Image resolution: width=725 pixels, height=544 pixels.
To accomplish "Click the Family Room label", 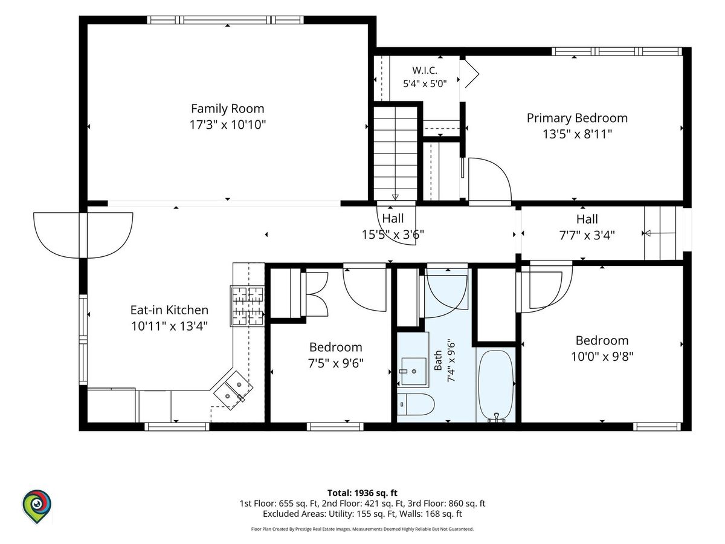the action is click(228, 109).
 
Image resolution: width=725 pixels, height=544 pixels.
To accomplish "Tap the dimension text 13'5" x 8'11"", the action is click(577, 134).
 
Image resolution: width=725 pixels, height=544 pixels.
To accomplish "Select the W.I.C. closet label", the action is click(425, 70).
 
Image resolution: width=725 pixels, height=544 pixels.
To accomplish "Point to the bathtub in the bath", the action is click(496, 386).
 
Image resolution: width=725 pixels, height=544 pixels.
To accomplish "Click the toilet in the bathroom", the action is click(415, 404).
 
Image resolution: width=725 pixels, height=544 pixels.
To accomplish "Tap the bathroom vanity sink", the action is click(413, 371).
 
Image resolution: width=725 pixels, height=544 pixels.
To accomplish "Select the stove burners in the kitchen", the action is click(247, 306).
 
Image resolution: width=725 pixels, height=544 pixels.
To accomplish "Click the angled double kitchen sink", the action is click(233, 390).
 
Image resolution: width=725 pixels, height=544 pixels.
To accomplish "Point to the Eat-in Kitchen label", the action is click(169, 310).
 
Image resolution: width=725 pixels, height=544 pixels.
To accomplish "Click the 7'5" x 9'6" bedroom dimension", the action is click(335, 363).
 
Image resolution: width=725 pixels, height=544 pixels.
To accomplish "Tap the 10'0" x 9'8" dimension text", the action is click(602, 357).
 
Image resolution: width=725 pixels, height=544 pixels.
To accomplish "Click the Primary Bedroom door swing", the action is click(490, 180).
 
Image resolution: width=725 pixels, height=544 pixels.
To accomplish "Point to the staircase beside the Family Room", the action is click(395, 153).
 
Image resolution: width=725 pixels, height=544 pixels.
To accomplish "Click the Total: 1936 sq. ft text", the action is click(362, 493).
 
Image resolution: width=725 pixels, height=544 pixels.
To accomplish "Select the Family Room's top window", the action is click(225, 20).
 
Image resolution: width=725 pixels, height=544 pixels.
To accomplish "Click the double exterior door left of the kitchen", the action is click(83, 235).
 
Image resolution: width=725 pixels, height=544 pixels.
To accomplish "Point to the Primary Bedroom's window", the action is click(617, 51).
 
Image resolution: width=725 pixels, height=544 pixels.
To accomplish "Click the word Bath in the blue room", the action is click(437, 360).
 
